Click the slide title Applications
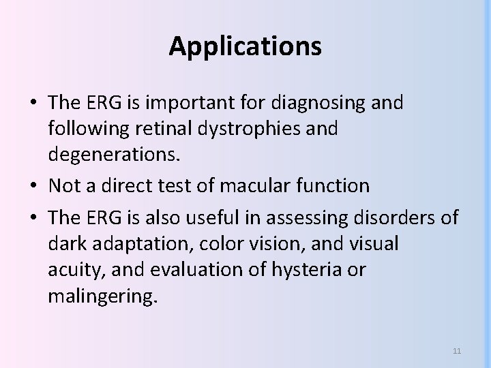(245, 46)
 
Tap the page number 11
(457, 351)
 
